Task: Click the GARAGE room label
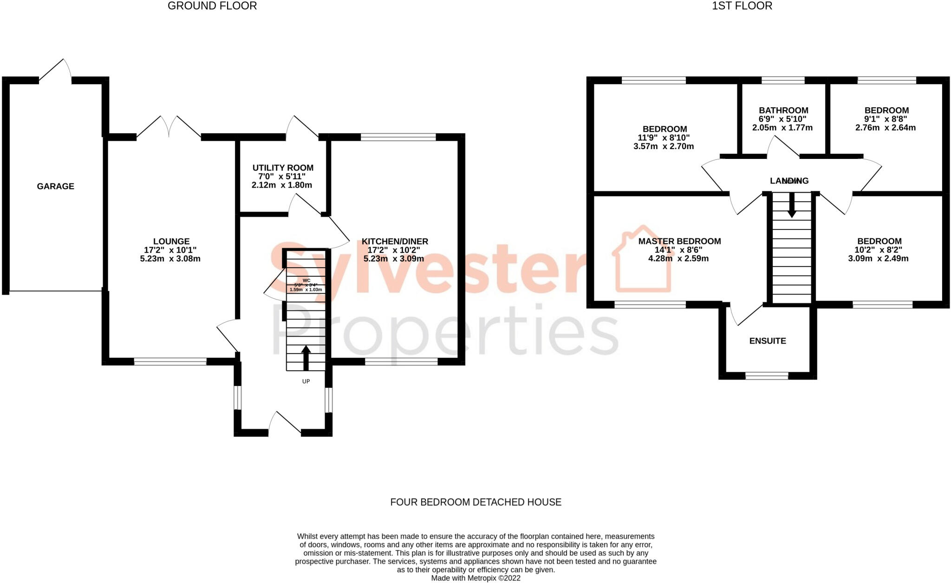55,186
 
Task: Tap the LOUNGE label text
171,242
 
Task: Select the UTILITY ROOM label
283,168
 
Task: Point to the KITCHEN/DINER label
395,242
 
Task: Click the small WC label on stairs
306,281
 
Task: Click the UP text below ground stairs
306,381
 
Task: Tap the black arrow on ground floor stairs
306,358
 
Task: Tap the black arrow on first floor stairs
792,204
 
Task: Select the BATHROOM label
783,111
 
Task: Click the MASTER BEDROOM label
679,241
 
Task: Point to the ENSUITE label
768,341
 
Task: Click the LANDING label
789,181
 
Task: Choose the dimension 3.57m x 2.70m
664,146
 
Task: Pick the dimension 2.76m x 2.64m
886,128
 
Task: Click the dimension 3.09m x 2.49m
878,258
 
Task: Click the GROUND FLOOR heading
212,6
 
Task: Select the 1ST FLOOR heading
742,6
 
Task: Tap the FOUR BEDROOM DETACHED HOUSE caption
475,502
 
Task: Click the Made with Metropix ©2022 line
475,578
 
